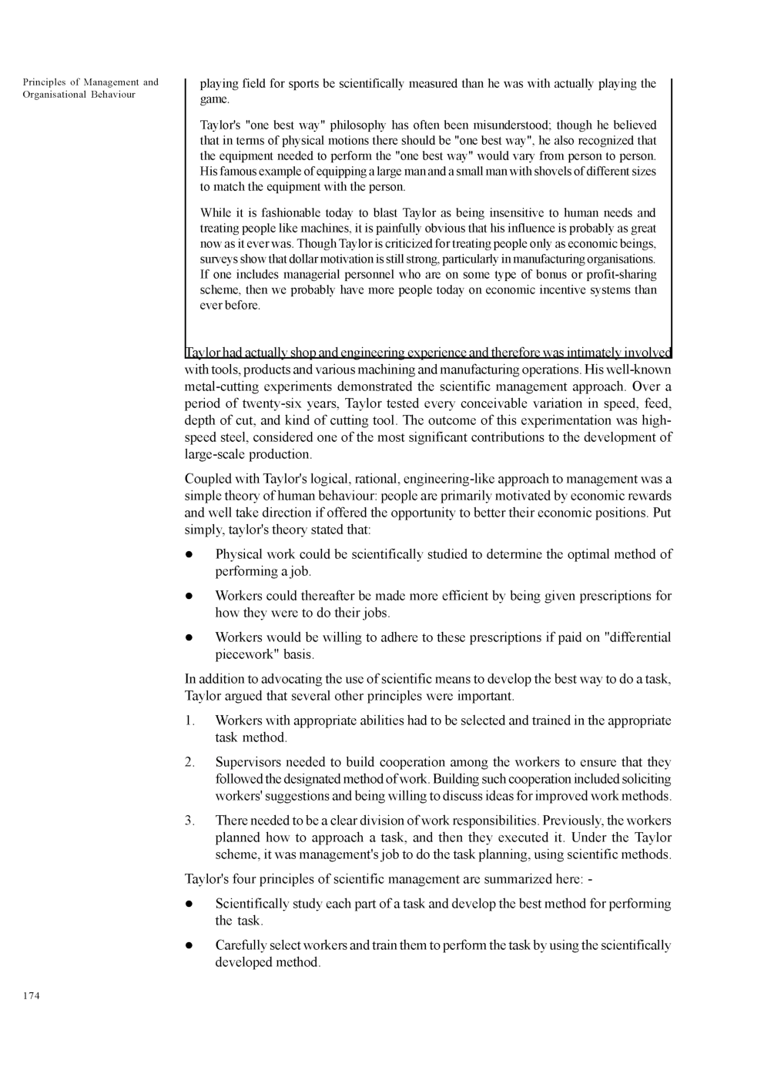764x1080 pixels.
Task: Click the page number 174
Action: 31,996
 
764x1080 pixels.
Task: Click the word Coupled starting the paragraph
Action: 210,479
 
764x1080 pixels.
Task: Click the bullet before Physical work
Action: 188,555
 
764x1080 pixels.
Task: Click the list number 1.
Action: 189,721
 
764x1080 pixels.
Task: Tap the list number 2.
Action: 189,762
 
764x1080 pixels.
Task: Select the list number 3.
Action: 189,821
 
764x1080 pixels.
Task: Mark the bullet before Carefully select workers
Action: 188,946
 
